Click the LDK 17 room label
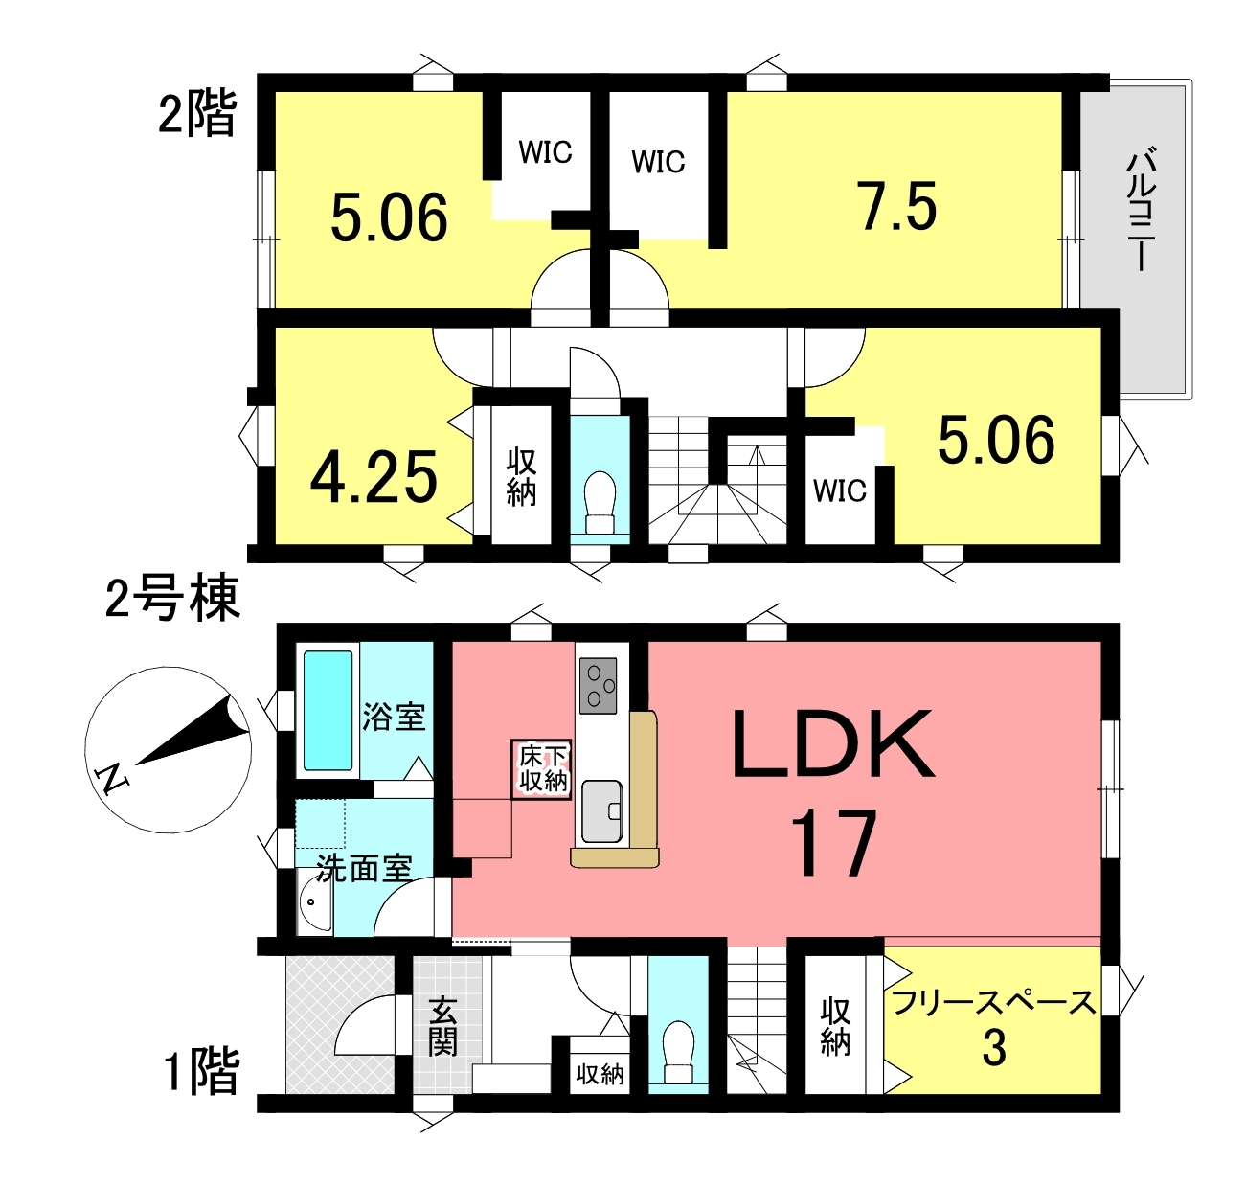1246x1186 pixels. coord(833,792)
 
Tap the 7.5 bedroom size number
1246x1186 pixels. coord(896,206)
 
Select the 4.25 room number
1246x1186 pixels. coord(374,476)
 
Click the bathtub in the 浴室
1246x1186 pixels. coord(328,710)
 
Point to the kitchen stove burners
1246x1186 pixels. coord(598,685)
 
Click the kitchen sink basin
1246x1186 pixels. coord(601,811)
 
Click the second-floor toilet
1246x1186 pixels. coord(600,504)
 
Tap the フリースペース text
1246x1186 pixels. coord(993,1002)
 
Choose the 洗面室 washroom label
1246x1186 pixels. coord(364,868)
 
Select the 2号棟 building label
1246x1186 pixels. coord(173,598)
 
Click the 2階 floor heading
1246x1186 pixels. coord(197,113)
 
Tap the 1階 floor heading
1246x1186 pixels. coord(201,1071)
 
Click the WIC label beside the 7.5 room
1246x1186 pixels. coord(658,162)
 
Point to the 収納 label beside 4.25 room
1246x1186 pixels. coord(521,478)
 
